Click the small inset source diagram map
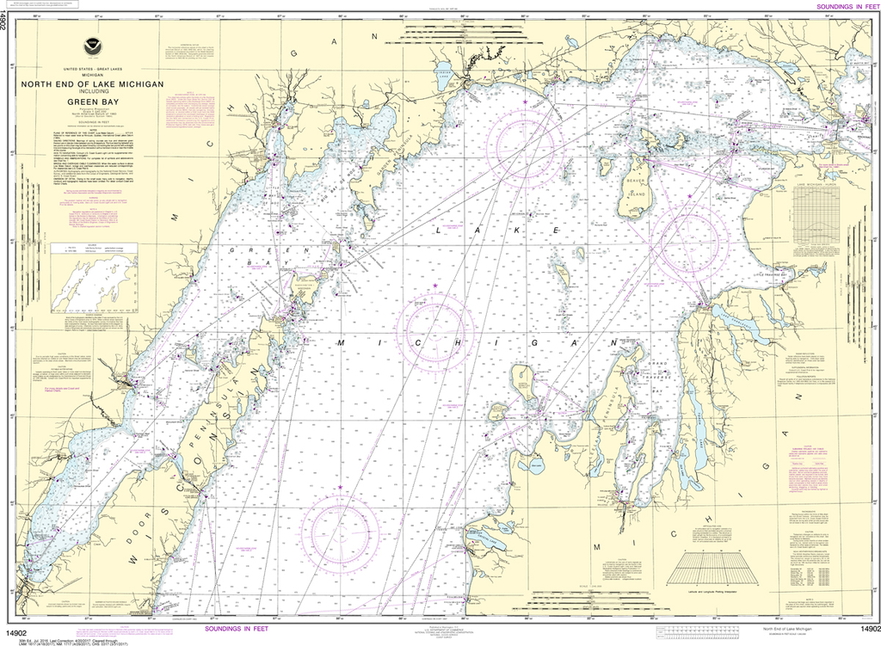coord(93,280)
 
